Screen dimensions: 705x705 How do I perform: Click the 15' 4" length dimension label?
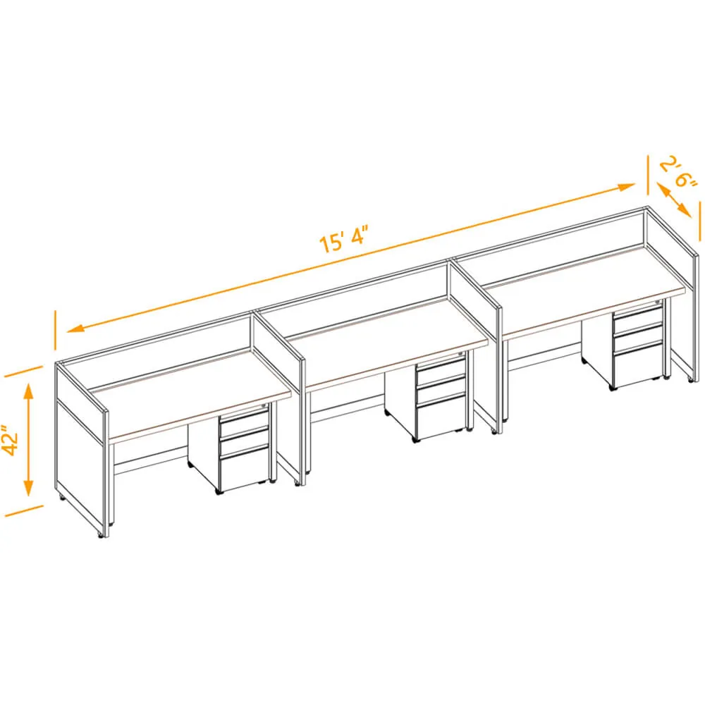(343, 240)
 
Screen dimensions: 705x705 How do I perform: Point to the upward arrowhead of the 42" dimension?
(28, 391)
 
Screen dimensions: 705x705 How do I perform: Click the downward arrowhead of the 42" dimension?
(28, 489)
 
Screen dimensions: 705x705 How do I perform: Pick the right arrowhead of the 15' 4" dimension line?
(626, 187)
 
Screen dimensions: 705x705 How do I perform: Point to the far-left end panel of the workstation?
(81, 450)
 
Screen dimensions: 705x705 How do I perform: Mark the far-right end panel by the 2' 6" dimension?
(673, 293)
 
